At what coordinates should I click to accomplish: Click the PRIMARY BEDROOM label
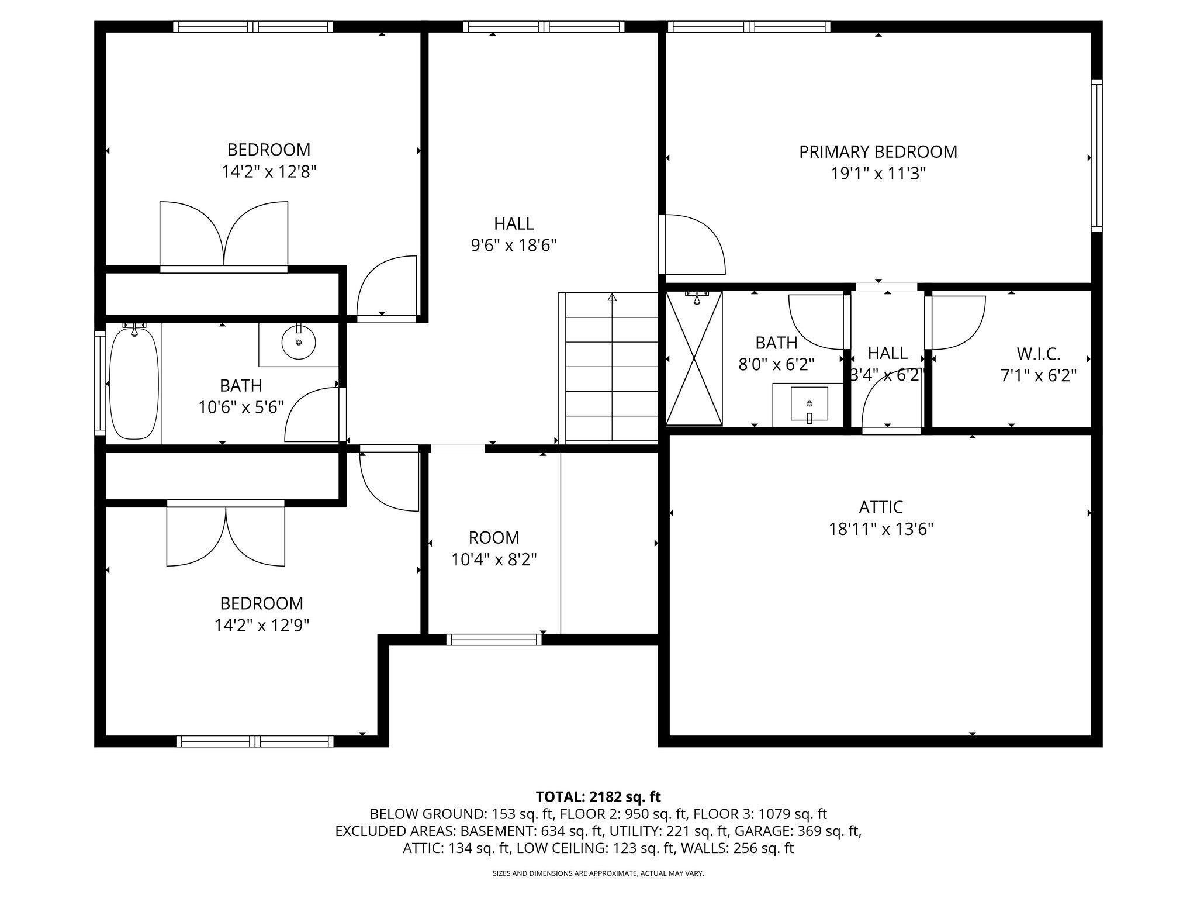tap(878, 152)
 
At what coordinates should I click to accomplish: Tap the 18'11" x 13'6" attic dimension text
tap(881, 529)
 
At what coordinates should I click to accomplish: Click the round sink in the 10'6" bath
tap(299, 342)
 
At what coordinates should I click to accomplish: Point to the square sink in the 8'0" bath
tap(809, 403)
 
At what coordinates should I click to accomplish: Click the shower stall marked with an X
tap(694, 358)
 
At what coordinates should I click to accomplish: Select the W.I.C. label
tap(1038, 354)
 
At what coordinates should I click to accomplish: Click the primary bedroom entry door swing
tap(694, 244)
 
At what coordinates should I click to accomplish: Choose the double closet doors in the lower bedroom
tap(226, 534)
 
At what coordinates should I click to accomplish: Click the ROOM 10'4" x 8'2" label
tap(494, 537)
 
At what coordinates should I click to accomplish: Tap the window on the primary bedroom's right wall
tap(1096, 156)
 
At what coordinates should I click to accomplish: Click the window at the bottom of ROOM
tap(494, 640)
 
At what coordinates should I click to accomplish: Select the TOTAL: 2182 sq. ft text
tap(598, 796)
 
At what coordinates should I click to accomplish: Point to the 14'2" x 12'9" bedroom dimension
tap(261, 626)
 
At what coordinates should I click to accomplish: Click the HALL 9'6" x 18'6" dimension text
tap(513, 245)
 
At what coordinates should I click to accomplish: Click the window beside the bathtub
tap(100, 383)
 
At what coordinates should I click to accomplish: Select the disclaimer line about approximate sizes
tap(598, 873)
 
